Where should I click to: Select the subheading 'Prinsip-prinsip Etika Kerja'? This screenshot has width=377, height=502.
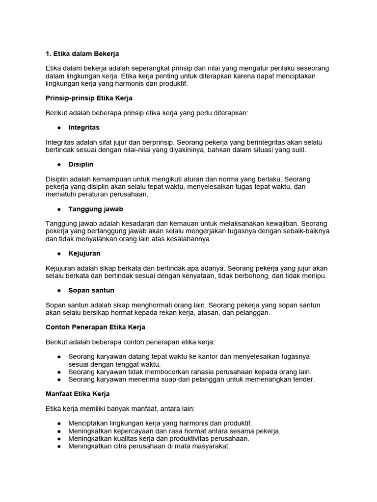point(89,98)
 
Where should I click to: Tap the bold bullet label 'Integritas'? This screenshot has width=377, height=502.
point(84,127)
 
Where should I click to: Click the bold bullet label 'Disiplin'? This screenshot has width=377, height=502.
point(81,164)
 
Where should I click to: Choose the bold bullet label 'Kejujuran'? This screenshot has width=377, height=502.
point(84,253)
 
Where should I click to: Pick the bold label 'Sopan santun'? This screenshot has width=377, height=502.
point(91,290)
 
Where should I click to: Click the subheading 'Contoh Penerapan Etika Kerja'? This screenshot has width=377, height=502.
point(95,327)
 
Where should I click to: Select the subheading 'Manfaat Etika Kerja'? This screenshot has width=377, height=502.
point(78,394)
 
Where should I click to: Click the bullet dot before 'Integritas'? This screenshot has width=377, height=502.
point(59,127)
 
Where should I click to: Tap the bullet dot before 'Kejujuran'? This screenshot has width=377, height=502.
point(59,253)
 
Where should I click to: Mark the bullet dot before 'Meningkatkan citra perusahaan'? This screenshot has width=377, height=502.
point(59,447)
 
